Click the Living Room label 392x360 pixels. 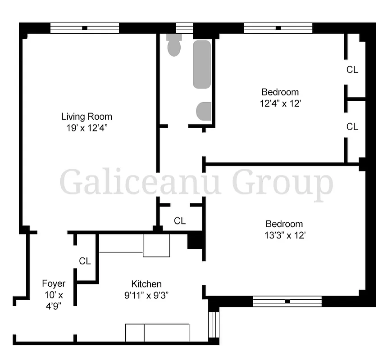pyautogui.click(x=87, y=117)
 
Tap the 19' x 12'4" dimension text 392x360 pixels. pyautogui.click(x=87, y=127)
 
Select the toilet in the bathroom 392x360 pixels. pyautogui.click(x=174, y=45)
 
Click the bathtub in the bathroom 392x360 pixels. pyautogui.click(x=202, y=64)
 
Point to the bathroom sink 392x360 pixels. pyautogui.click(x=204, y=111)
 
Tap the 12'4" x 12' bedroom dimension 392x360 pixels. pyautogui.click(x=280, y=103)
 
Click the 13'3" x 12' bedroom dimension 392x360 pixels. pyautogui.click(x=284, y=235)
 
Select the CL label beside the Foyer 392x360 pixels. pyautogui.click(x=85, y=261)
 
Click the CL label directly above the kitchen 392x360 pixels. pyautogui.click(x=180, y=221)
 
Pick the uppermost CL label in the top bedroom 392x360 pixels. pyautogui.click(x=352, y=70)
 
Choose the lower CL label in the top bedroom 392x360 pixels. pyautogui.click(x=352, y=127)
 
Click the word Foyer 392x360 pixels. pyautogui.click(x=54, y=283)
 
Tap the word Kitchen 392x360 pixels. pyautogui.click(x=146, y=284)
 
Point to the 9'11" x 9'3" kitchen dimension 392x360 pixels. pyautogui.click(x=146, y=295)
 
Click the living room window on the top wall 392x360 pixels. pyautogui.click(x=85, y=28)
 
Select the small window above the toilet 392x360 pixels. pyautogui.click(x=184, y=28)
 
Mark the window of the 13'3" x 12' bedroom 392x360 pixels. pyautogui.click(x=287, y=301)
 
